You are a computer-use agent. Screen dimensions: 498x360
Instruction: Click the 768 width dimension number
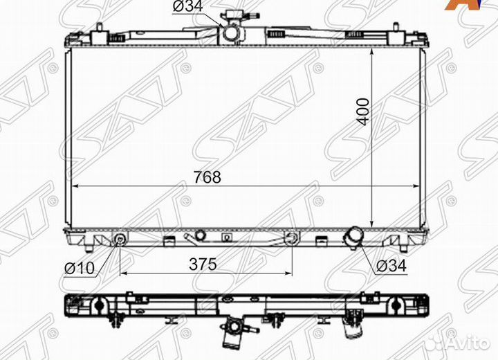click(x=207, y=177)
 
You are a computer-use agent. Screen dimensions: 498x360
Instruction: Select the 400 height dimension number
click(x=363, y=111)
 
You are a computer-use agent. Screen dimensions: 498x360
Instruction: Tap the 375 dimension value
click(x=203, y=264)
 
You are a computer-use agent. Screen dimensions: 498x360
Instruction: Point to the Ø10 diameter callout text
click(x=80, y=269)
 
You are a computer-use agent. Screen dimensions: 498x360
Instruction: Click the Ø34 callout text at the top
click(x=187, y=6)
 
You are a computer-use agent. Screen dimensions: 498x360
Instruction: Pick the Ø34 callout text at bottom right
click(x=391, y=266)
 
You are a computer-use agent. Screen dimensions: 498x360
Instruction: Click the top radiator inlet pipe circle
click(x=232, y=32)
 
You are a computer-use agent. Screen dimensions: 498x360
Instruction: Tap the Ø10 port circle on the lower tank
click(x=120, y=240)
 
